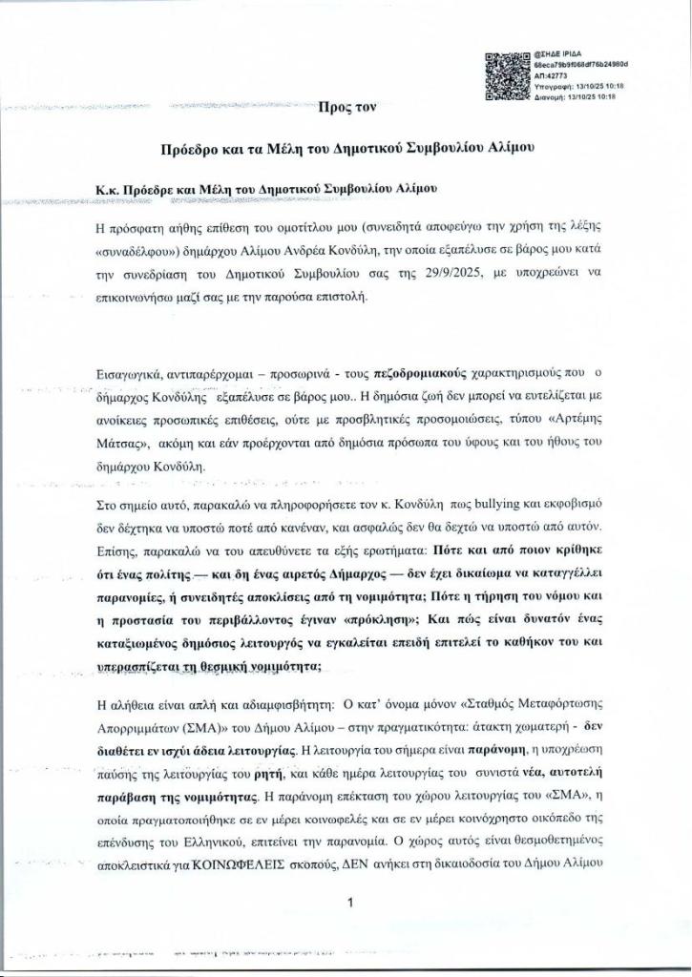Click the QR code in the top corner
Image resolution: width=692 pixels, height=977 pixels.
pos(507,75)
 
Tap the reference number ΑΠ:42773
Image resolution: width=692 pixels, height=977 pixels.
pos(553,75)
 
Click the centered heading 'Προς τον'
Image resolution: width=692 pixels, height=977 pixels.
pos(347,108)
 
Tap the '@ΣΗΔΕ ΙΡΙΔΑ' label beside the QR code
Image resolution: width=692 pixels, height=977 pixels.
pos(560,55)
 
